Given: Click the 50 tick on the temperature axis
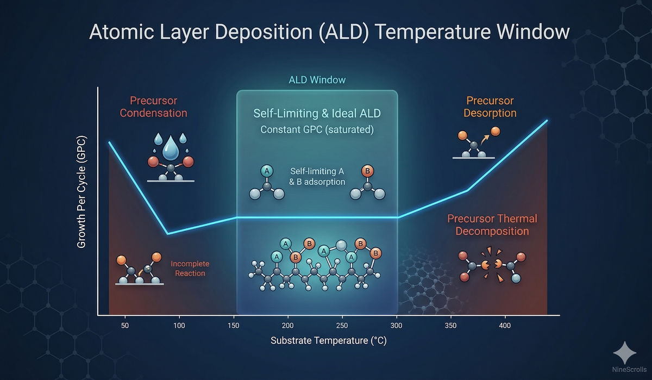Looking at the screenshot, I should click(125, 325).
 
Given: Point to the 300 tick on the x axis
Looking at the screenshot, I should click(397, 325).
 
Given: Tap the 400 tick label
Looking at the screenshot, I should click(505, 325).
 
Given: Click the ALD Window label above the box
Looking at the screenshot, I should click(317, 80).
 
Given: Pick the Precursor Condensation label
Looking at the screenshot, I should click(153, 107).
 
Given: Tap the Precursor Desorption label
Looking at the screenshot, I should click(490, 107).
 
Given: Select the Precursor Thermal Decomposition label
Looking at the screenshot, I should click(492, 225).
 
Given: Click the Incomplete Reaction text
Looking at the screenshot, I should click(190, 268).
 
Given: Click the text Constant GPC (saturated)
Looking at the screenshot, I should click(317, 130).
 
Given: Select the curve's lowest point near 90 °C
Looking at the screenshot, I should click(168, 234).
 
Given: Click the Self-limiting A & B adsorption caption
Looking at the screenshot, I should click(317, 176).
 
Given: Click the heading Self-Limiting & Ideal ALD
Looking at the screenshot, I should click(317, 114).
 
